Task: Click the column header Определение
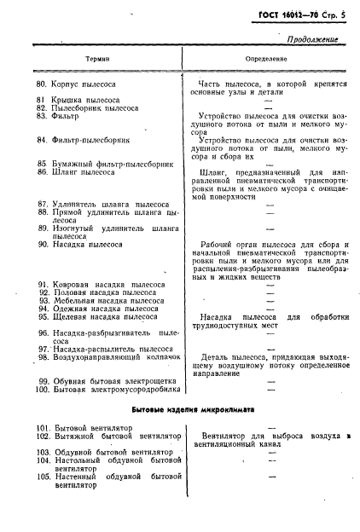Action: tap(270, 61)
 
